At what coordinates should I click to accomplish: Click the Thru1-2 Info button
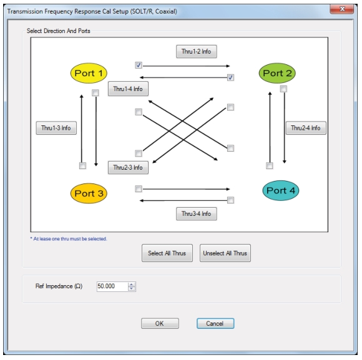pos(196,51)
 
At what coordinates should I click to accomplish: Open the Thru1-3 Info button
pos(56,128)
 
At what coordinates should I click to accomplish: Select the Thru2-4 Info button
pos(306,128)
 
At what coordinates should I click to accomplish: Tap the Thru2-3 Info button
pos(128,167)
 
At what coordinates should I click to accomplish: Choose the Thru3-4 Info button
pos(196,214)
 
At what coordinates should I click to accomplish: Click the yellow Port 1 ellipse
pos(89,73)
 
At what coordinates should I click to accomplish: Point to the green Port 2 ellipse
pos(277,73)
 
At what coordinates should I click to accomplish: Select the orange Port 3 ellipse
pos(89,193)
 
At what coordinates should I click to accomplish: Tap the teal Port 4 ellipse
pos(281,190)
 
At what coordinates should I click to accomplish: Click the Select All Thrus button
pos(167,253)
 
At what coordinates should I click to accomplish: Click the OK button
pos(160,324)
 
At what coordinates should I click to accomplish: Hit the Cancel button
pos(215,324)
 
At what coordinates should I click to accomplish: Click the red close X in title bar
pos(342,9)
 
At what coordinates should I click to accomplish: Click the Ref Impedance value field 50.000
pos(112,286)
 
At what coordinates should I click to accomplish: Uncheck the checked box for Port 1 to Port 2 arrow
pos(139,66)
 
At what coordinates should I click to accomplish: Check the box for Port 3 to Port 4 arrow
pos(139,189)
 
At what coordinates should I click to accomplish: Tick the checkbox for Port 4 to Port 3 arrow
pos(230,200)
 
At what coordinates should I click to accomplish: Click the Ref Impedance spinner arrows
pos(132,286)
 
